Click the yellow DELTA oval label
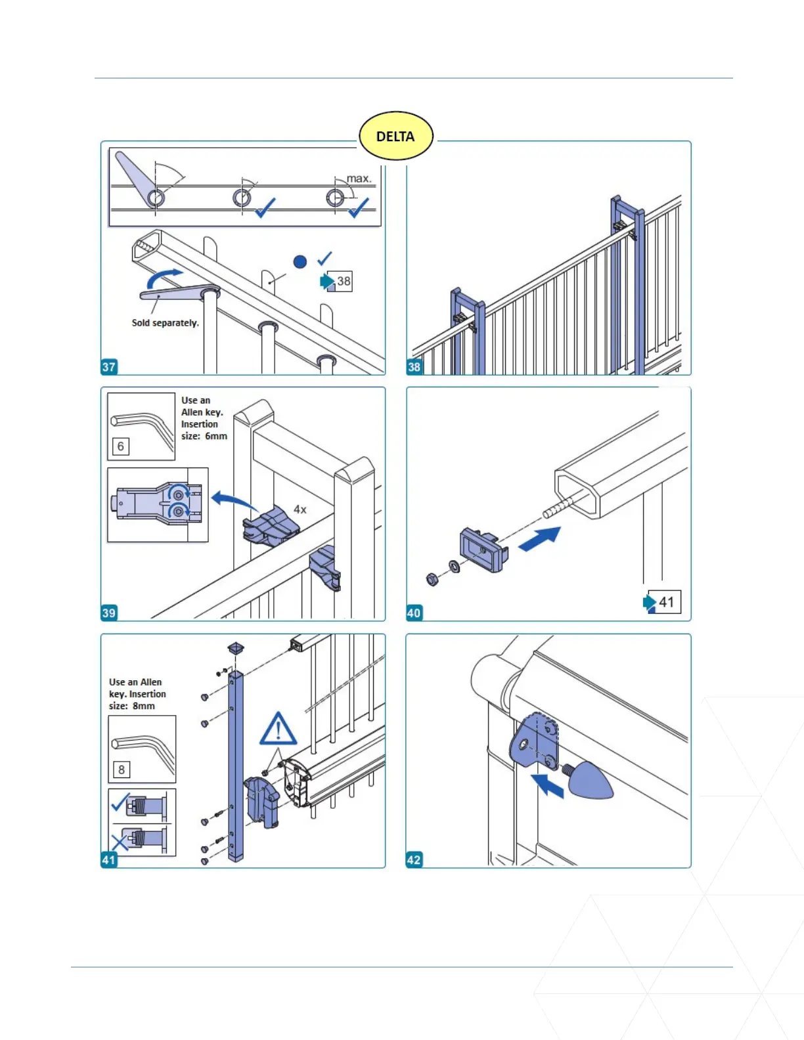tap(395, 136)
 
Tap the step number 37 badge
tap(109, 367)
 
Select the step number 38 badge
tap(414, 367)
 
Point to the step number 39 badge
tap(109, 613)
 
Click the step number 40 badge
tap(414, 613)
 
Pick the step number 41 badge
tap(109, 859)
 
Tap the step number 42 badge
tap(414, 859)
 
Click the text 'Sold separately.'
tap(165, 322)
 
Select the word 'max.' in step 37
tap(359, 179)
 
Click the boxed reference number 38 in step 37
tap(344, 281)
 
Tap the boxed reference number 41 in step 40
tap(666, 602)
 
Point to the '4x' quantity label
tap(300, 509)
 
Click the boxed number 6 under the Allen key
tap(120, 446)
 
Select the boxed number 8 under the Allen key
tap(121, 769)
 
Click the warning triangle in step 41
tap(278, 729)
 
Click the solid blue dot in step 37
tap(300, 262)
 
